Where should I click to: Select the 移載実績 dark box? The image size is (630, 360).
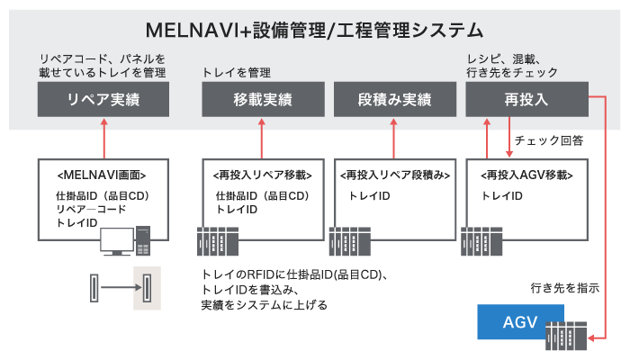coord(261,100)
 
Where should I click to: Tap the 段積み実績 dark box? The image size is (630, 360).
coord(393,100)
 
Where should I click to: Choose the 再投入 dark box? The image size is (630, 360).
coord(526,100)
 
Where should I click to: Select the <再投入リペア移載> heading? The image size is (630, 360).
coord(261,174)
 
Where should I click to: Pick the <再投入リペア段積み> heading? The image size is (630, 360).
coord(395,174)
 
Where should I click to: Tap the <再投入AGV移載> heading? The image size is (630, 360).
coord(527,174)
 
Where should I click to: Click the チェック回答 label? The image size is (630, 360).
coord(548,140)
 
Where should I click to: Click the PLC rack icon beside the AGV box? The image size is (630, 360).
coord(566,336)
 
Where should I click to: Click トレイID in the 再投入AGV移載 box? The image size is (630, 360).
coord(503,195)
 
